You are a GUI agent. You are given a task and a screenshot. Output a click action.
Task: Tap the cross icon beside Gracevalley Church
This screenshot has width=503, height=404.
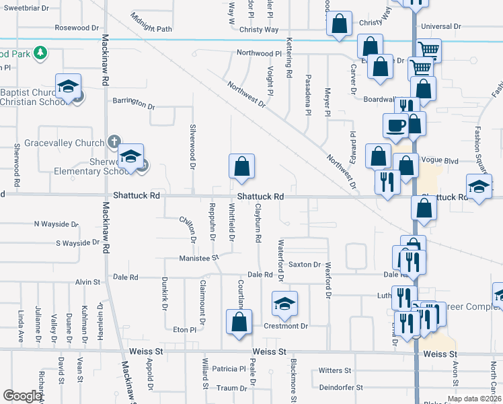click(x=114, y=143)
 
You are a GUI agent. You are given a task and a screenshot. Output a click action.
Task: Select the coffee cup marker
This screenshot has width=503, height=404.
click(x=395, y=124)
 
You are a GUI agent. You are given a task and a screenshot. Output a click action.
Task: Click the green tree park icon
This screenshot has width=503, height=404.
click(x=40, y=52)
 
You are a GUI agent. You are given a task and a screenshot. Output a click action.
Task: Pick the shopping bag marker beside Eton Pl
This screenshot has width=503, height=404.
click(x=239, y=322)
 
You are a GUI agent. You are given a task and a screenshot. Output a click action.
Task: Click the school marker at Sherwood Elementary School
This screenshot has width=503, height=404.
click(x=131, y=157)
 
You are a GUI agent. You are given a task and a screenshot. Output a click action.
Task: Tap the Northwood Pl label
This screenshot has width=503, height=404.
click(x=258, y=53)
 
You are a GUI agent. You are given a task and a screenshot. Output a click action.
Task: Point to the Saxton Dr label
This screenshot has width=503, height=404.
click(x=305, y=265)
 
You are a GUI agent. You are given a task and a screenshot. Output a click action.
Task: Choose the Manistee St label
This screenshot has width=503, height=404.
click(x=199, y=258)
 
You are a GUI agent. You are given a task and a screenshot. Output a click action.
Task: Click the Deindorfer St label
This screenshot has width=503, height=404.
click(x=341, y=388)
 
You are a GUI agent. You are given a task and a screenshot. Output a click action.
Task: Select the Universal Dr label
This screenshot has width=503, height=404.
click(x=440, y=27)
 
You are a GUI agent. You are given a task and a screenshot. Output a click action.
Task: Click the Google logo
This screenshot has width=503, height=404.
click(x=23, y=396)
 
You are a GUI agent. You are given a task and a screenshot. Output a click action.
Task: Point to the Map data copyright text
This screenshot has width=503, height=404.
click(x=474, y=399)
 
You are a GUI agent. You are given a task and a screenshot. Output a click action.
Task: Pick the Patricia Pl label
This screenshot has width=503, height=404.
click(x=229, y=369)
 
